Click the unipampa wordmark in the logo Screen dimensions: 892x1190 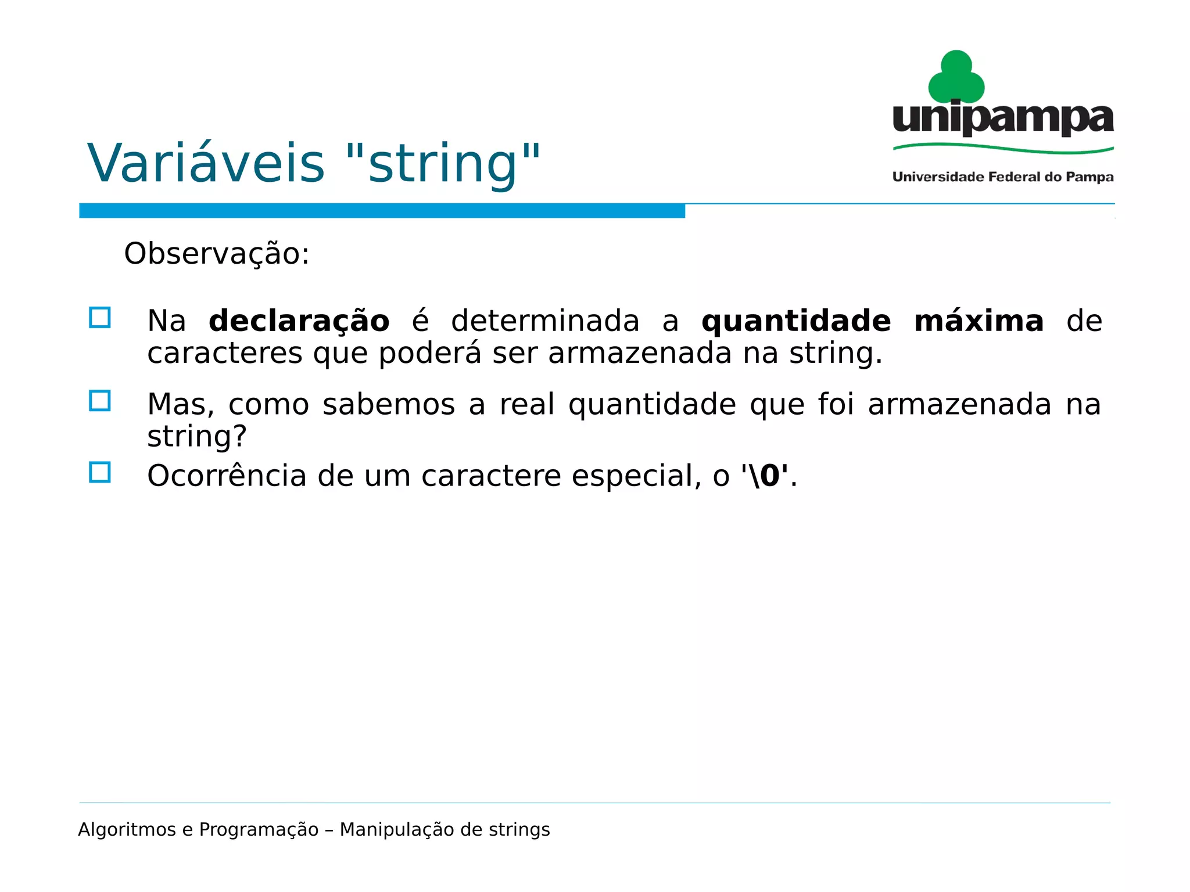1003,118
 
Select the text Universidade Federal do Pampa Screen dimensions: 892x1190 1003,177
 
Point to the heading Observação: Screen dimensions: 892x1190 217,254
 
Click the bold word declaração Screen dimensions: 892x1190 299,321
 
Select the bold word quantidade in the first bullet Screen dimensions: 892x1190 795,321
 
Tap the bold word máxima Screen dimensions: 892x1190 978,321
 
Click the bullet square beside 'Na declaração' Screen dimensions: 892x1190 100,318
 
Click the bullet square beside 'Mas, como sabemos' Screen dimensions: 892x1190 100,401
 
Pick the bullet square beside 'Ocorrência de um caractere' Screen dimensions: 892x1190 100,472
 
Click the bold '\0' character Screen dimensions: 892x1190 765,476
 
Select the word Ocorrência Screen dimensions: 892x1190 227,476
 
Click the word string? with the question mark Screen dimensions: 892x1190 197,437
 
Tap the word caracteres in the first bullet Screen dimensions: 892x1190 224,354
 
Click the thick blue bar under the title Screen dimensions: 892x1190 382,211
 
